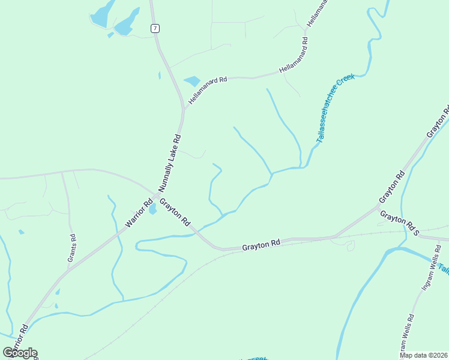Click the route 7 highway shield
[x=155, y=28]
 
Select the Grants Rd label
[x=73, y=246]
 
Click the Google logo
[x=20, y=353]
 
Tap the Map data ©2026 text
[x=424, y=355]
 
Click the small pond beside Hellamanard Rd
[x=192, y=81]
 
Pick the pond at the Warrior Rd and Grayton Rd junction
[x=152, y=209]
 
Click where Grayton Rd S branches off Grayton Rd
[x=379, y=207]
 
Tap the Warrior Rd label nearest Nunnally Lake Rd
[x=139, y=212]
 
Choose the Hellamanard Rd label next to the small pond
[x=208, y=89]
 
